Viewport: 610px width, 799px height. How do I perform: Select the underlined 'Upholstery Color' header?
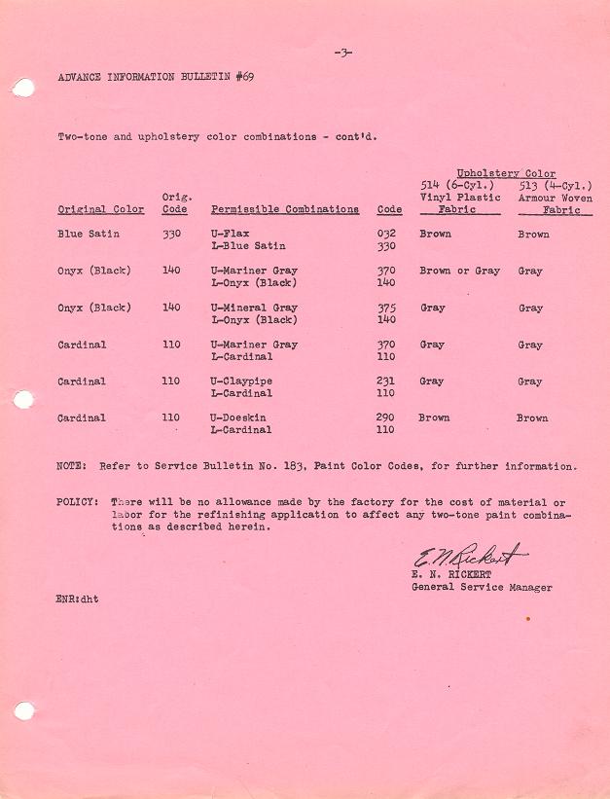click(506, 173)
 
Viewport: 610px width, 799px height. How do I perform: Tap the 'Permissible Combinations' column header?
click(285, 209)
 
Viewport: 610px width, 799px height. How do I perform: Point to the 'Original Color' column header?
click(101, 209)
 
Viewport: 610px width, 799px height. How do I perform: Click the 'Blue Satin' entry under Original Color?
click(86, 235)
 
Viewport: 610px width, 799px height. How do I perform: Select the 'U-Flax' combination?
click(231, 235)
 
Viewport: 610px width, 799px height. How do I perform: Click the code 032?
click(386, 235)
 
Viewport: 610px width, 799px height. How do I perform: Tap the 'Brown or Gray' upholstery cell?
click(459, 271)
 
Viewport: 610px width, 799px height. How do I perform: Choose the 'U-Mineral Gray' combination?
click(254, 308)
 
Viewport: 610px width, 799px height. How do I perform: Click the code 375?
click(386, 308)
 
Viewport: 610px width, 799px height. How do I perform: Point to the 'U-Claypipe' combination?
click(241, 381)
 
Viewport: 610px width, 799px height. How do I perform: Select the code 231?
click(386, 381)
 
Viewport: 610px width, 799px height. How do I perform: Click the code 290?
click(386, 418)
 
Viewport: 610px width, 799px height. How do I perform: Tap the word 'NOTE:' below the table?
click(74, 466)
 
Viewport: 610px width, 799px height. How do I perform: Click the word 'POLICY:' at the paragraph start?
click(78, 501)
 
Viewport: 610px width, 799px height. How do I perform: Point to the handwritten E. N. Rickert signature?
click(469, 558)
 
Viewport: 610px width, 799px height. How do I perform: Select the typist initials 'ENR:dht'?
click(78, 599)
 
